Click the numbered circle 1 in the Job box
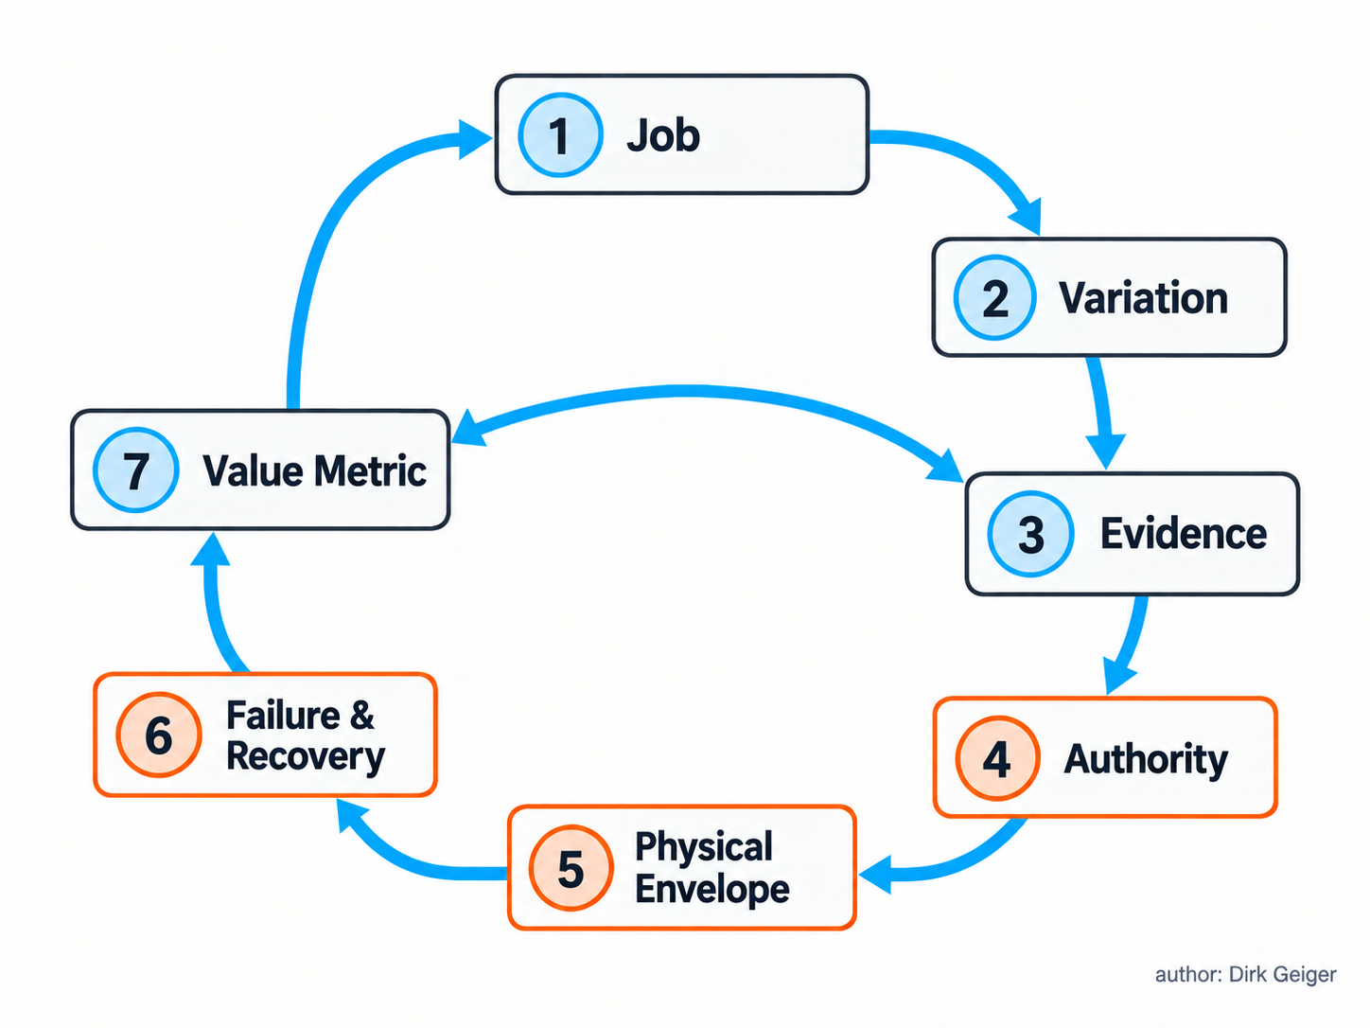coord(560,134)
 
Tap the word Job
coord(663,135)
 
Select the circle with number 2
coord(994,298)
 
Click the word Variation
coord(1143,298)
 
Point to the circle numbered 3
coord(1030,534)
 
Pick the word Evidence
coord(1184,534)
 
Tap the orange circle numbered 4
coord(997,758)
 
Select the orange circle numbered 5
coord(571,868)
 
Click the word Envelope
coord(712,890)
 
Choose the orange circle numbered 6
coord(159,735)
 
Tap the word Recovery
coord(306,757)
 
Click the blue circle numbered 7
coord(136,470)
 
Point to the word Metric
coord(370,470)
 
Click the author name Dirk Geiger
coord(1282,974)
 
